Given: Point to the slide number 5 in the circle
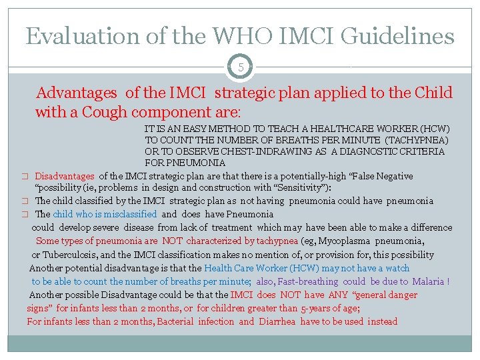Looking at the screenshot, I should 240,67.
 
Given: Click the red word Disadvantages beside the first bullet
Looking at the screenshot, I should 65,176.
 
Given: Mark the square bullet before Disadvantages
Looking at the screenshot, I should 23,177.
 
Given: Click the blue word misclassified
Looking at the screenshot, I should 125,214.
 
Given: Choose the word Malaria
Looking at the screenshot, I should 428,281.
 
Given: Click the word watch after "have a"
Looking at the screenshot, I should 397,268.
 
